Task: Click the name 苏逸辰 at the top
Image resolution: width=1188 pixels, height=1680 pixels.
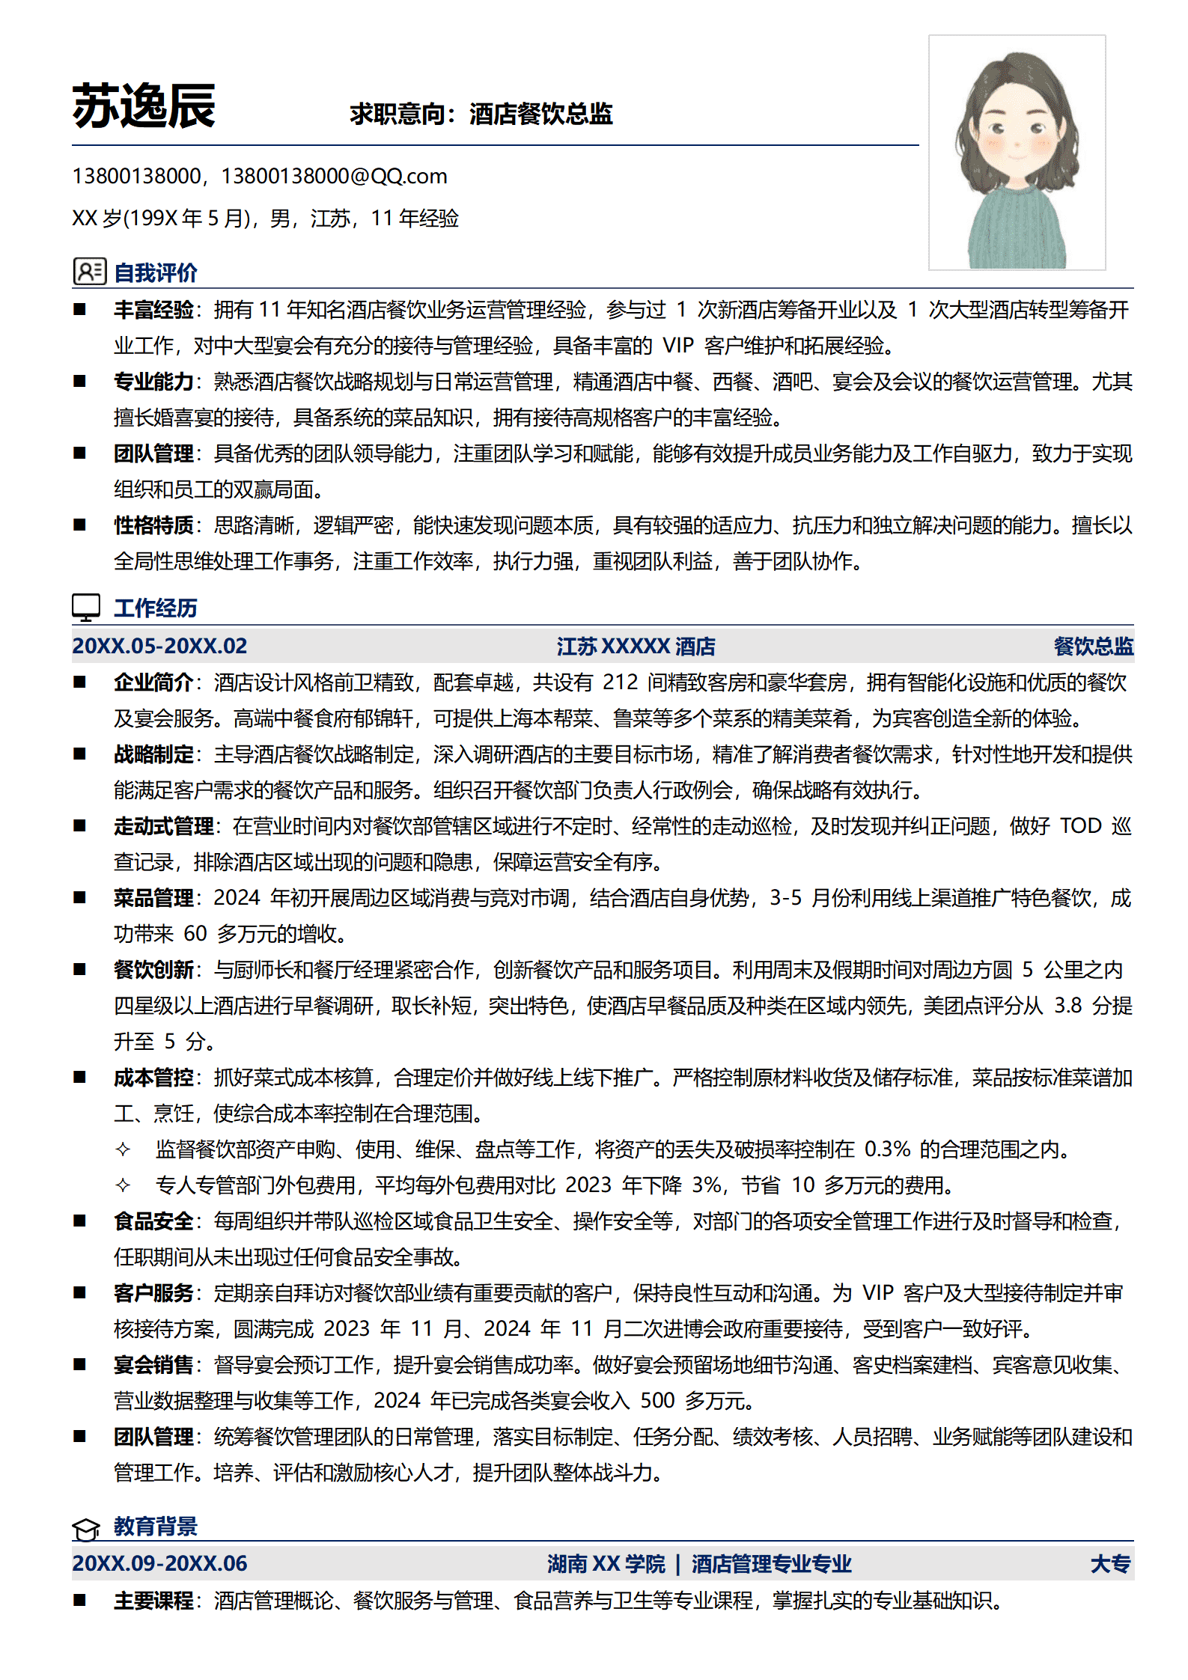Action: [144, 106]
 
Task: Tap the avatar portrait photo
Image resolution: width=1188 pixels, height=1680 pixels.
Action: [1017, 153]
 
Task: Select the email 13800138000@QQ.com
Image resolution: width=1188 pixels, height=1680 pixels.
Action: [334, 177]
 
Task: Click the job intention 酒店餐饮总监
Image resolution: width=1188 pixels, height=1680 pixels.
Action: [540, 114]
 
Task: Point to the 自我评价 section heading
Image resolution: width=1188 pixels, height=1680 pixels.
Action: [155, 272]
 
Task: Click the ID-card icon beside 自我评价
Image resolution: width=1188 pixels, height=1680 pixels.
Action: [89, 272]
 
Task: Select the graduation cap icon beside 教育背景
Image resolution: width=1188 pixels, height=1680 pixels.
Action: [86, 1529]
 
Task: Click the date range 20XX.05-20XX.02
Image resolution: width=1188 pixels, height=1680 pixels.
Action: [159, 646]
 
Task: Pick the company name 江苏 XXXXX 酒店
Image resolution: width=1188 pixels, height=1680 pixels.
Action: [636, 647]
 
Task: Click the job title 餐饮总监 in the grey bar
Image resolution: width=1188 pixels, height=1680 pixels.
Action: [1093, 647]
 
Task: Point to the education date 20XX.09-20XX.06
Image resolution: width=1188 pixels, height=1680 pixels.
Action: [159, 1563]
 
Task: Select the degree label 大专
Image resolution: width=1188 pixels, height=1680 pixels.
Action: [1110, 1564]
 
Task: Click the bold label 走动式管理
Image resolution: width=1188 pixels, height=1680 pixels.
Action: [163, 826]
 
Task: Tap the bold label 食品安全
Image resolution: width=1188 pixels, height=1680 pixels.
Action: [153, 1221]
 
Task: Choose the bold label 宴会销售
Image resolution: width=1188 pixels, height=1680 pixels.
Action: [153, 1365]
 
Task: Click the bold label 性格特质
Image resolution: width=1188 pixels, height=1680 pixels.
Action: [153, 525]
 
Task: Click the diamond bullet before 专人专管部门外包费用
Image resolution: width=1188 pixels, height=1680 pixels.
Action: [123, 1185]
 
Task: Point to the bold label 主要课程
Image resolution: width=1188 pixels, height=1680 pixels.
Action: [153, 1601]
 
